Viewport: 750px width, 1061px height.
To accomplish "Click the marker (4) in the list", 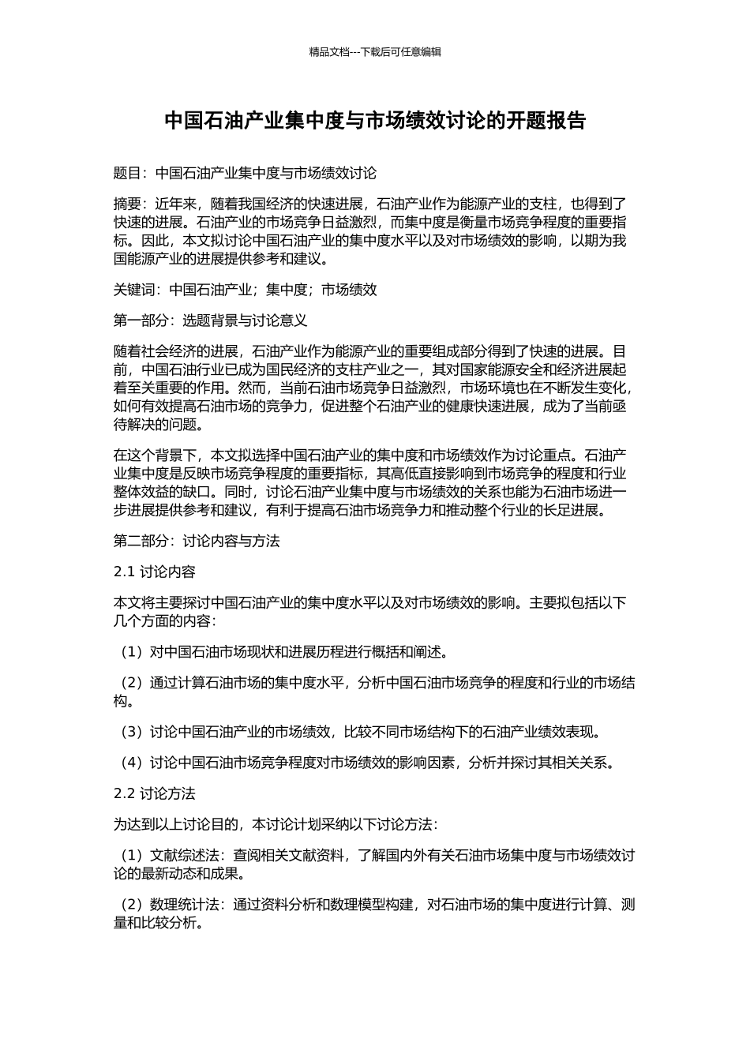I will pos(130,763).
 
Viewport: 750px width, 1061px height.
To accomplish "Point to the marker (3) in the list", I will pos(130,732).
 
